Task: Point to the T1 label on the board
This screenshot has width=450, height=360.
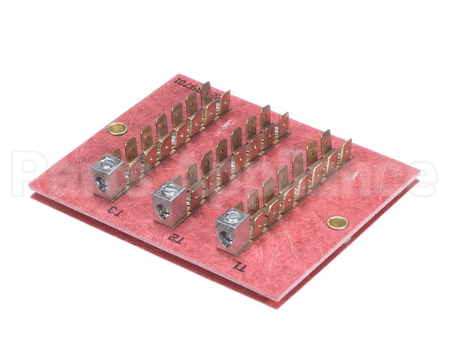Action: pos(239,267)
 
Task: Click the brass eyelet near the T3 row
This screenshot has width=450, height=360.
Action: pos(117,129)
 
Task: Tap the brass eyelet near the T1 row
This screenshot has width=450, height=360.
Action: pos(337,223)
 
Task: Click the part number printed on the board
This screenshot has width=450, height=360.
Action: pos(188,86)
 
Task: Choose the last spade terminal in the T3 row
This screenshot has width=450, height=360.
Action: pos(225,100)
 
